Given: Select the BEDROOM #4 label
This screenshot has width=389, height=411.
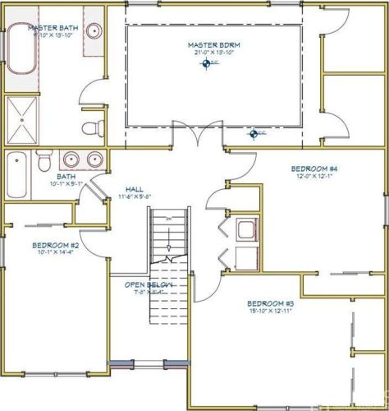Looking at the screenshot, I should [315, 168].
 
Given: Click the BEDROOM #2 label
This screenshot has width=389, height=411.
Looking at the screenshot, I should [55, 245].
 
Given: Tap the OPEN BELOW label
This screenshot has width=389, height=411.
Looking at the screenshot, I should [148, 284].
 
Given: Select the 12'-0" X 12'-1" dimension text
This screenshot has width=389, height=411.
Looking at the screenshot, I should [315, 175].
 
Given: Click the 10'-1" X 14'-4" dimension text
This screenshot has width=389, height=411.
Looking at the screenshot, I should [55, 253].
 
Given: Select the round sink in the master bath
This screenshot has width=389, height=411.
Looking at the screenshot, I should [94, 32].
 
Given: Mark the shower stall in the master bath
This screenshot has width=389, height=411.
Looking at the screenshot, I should [25, 119].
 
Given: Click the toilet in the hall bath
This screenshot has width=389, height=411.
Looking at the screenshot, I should [43, 161].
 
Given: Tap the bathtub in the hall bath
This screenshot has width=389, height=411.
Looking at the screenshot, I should [17, 173].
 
